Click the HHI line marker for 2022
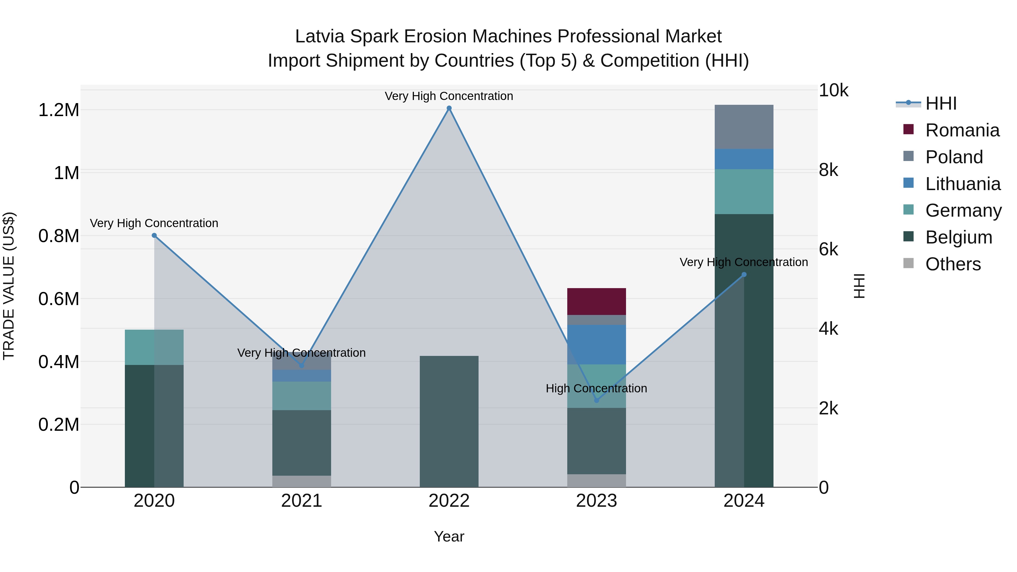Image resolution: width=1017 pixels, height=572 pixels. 449,108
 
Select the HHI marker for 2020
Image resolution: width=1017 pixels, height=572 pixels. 154,235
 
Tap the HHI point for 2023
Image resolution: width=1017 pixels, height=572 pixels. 597,400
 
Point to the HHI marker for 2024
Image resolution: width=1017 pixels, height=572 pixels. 744,274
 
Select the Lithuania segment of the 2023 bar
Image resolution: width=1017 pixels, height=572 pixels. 597,344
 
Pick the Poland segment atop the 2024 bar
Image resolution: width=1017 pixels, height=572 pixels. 744,127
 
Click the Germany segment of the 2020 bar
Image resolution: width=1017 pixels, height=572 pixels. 154,347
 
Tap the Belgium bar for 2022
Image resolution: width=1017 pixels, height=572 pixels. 449,421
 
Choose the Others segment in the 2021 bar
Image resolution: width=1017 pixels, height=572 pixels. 302,481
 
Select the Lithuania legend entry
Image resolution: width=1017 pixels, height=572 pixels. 962,184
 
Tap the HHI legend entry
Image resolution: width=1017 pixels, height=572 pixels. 941,103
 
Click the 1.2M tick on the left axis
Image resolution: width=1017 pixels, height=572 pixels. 59,110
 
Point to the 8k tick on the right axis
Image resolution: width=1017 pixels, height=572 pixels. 828,170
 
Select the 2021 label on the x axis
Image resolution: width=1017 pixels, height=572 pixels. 302,501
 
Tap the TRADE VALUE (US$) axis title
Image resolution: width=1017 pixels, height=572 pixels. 9,286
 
